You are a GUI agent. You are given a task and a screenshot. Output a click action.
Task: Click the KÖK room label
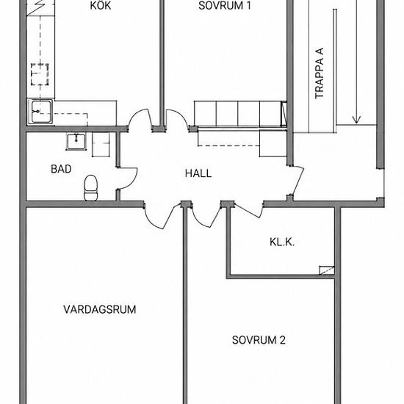click(x=101, y=5)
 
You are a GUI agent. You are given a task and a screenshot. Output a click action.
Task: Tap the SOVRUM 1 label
click(x=225, y=6)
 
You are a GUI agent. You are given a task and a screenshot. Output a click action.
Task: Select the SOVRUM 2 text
click(x=259, y=340)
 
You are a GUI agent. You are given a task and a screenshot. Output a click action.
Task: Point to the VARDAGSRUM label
click(x=100, y=309)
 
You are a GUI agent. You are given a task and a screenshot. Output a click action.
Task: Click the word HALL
click(x=198, y=173)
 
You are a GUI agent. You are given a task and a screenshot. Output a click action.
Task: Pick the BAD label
click(x=61, y=169)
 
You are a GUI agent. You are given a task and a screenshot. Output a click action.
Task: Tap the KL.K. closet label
click(x=282, y=242)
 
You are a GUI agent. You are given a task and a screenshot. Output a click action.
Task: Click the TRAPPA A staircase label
click(x=320, y=73)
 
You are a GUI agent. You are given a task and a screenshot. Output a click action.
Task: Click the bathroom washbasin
click(x=76, y=141)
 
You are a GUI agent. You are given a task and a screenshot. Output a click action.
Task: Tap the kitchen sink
click(x=40, y=112)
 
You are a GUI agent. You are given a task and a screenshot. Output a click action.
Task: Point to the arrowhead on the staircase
click(x=356, y=119)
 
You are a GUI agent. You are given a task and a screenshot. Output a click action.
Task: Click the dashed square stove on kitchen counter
click(x=40, y=74)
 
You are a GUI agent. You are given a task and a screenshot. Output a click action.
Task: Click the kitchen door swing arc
click(x=137, y=115)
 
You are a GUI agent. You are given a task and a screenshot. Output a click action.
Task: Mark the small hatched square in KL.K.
click(x=327, y=270)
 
